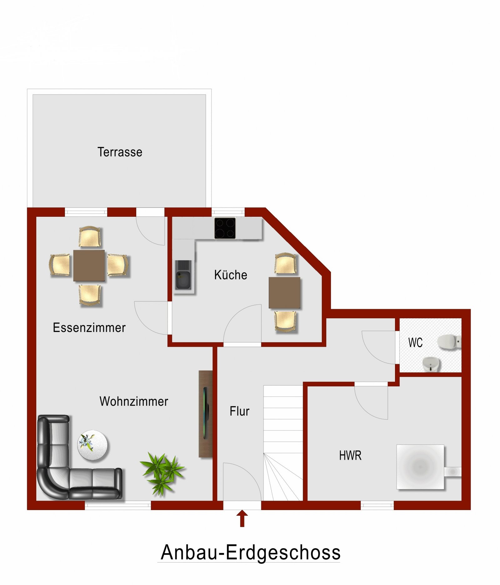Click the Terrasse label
pos(120,152)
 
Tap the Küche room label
pos(231,275)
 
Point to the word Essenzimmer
pos(89,328)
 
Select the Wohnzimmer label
pos(134,401)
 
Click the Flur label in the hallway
pos(239,411)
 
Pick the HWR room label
pos(350,455)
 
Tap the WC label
pos(415,343)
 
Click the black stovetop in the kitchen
pos(225,228)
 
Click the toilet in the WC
pos(449,342)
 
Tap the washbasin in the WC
pos(431,364)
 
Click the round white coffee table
pos(92,445)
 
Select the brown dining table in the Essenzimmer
pos(89,265)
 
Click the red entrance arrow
pos(242,518)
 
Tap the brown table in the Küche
pos(284,293)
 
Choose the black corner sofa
pos(62,468)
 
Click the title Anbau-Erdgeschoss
pos(250,553)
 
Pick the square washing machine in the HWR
pos(420,467)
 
